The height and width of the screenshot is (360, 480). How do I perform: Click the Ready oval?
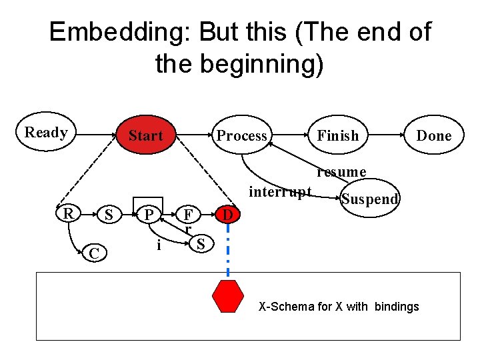pos(45,132)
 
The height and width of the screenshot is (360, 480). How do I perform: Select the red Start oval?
pos(145,135)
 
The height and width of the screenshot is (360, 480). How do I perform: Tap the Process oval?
pos(241,135)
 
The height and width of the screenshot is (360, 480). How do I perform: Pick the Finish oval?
pos(337,135)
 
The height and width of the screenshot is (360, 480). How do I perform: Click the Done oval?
pos(434,135)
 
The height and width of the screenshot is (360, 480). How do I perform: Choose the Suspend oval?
pos(370,199)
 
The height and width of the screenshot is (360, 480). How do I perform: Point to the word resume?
pos(341,172)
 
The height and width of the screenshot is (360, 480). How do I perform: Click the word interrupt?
pos(280,192)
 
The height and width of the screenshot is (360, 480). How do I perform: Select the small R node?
pos(68,214)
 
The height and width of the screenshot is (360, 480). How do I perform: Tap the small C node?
pos(95,253)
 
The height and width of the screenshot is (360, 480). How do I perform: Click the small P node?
pos(151,215)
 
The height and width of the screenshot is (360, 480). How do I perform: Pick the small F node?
pos(189,215)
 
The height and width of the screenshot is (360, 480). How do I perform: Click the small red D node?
pos(228,215)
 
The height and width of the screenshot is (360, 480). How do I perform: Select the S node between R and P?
pos(109,215)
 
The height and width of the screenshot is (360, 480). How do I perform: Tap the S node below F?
pos(200,244)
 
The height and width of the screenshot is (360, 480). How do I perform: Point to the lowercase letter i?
pos(158,245)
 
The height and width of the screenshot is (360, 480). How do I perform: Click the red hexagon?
pos(228,296)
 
